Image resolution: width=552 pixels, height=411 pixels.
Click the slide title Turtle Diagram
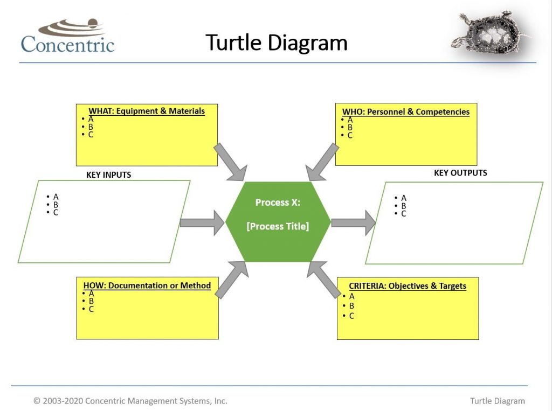(276, 42)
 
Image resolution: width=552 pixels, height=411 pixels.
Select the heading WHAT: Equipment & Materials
(147, 111)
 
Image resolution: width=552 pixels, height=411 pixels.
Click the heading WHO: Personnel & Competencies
(406, 112)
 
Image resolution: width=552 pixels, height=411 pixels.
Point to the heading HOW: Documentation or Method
(147, 285)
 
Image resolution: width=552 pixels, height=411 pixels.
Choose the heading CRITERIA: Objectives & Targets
(408, 286)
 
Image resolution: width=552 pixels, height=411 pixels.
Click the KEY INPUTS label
(108, 175)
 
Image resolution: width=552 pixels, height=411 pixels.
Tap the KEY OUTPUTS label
(460, 173)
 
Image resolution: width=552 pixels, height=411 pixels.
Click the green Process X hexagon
(278, 242)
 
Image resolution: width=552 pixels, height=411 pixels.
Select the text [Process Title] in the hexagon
(278, 226)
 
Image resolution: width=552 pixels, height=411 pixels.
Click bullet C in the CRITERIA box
(351, 316)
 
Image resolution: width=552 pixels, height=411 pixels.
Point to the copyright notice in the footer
(130, 401)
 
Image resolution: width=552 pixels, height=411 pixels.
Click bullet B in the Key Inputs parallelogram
(56, 205)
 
